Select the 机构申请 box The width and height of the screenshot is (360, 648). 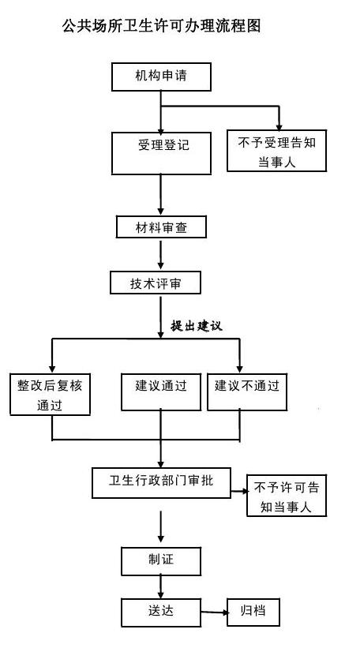161,77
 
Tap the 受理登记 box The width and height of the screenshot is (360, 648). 161,153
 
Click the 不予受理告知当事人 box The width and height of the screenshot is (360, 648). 276,151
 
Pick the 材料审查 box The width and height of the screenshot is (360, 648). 161,227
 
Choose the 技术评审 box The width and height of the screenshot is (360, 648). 156,283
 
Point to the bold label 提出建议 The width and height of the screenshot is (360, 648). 197,326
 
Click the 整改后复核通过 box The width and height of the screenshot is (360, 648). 50,395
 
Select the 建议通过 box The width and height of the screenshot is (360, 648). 161,391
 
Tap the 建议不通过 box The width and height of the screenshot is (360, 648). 247,391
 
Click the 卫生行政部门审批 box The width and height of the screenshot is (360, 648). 161,483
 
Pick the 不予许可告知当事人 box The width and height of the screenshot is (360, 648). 287,496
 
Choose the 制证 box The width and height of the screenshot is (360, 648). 161,561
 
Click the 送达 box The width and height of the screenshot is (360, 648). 161,612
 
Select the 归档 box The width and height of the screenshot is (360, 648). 253,612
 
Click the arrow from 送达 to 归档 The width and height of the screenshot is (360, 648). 215,612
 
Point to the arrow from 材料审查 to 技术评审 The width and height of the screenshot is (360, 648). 161,255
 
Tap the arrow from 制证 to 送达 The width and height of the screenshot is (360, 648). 161,587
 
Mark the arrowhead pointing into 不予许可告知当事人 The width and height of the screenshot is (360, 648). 245,492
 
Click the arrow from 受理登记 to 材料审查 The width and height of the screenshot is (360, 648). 161,195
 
